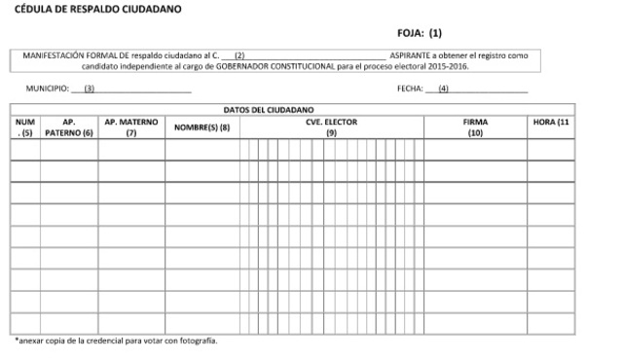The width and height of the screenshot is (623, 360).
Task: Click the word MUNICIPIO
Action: (x=46, y=89)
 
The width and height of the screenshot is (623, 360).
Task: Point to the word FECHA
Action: (x=410, y=89)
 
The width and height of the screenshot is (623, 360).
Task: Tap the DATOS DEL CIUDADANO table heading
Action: (x=268, y=109)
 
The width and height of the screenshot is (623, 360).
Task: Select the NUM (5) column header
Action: (x=25, y=126)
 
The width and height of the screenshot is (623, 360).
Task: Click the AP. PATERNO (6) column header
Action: (x=68, y=126)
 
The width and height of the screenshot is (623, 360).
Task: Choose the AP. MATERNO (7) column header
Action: (x=130, y=126)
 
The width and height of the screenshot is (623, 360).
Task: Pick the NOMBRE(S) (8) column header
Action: (x=202, y=127)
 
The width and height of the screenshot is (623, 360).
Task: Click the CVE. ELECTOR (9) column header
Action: (x=331, y=126)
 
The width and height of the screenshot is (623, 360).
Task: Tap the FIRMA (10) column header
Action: (x=475, y=126)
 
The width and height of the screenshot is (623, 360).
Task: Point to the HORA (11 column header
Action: (x=551, y=122)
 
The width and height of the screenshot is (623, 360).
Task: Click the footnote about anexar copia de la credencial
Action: (x=116, y=342)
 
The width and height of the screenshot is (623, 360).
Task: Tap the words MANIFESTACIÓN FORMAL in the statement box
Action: (x=62, y=56)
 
